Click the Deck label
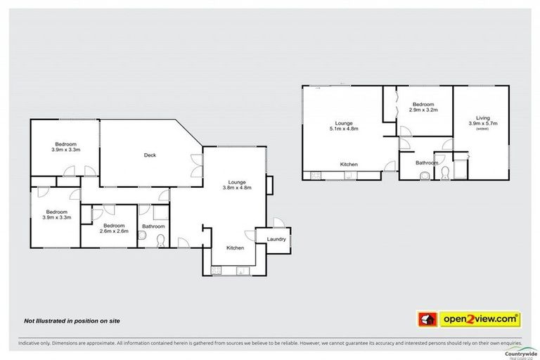pyautogui.click(x=149, y=155)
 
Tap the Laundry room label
pyautogui.click(x=276, y=239)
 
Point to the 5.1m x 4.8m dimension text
pyautogui.click(x=344, y=129)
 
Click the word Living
pyautogui.click(x=482, y=117)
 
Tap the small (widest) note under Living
pyautogui.click(x=482, y=129)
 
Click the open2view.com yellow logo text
pyautogui.click(x=480, y=320)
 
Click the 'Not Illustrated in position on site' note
pyautogui.click(x=72, y=321)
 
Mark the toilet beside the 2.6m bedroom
pyautogui.click(x=160, y=241)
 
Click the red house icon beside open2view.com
pyautogui.click(x=426, y=320)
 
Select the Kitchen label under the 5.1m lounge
pyautogui.click(x=349, y=165)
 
